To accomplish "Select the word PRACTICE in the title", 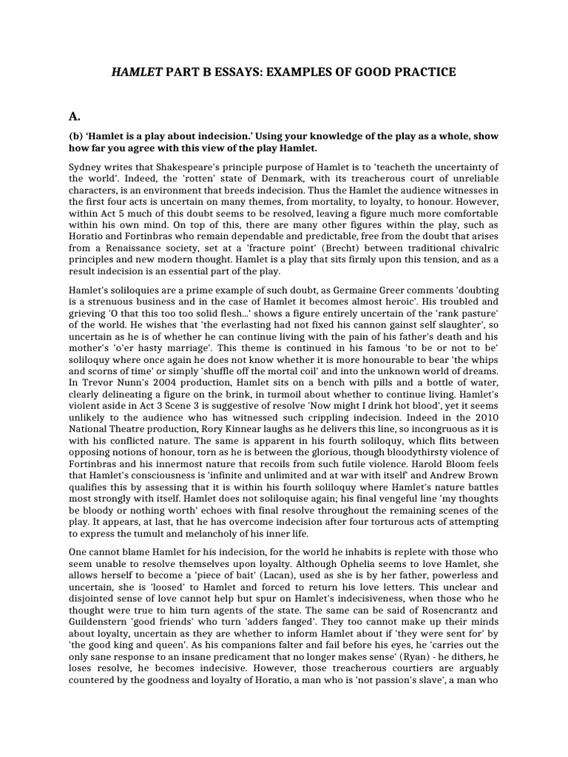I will pos(425,72).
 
